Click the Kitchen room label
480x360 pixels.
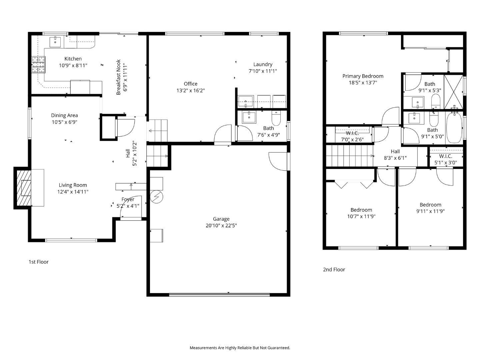[x=73, y=59]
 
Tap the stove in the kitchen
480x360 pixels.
[x=38, y=65]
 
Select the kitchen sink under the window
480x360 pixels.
[x=55, y=42]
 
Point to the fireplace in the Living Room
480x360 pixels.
[x=23, y=188]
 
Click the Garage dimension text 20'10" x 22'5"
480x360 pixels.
[x=221, y=226]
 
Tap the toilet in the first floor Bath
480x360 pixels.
[x=276, y=117]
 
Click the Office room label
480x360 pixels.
[x=190, y=84]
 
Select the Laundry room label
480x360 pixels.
[x=263, y=65]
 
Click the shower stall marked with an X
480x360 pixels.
[x=453, y=92]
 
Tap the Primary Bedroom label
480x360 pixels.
[x=363, y=76]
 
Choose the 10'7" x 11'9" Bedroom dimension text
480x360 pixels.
[x=361, y=216]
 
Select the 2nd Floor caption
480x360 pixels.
[x=334, y=270]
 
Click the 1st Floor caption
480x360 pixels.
[x=38, y=262]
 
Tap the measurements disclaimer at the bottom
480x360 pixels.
[x=240, y=348]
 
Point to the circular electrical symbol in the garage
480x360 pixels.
[x=156, y=197]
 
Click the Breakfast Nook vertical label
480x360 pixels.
[x=118, y=77]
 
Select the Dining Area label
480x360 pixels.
[x=64, y=116]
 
